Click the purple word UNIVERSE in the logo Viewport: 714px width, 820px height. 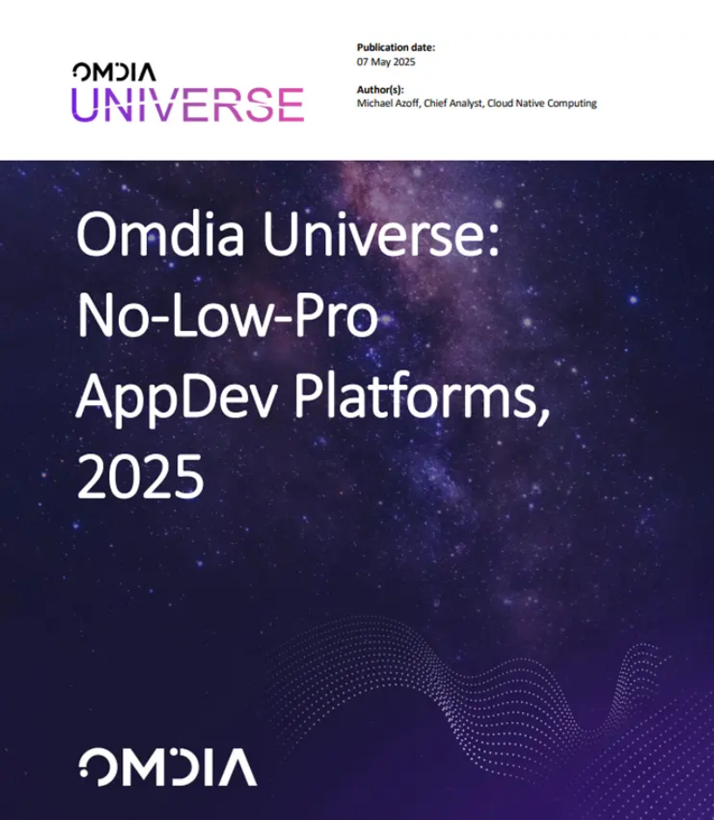pos(188,105)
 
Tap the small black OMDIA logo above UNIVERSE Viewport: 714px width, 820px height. pos(114,72)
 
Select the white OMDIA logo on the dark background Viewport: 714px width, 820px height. pos(168,768)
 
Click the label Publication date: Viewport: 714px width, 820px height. pos(396,47)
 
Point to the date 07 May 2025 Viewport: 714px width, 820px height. pos(385,62)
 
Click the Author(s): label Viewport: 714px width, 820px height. pos(380,89)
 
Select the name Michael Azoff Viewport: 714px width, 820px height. pos(388,103)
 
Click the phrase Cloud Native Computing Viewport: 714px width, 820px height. pos(542,103)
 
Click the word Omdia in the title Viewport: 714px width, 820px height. pos(160,234)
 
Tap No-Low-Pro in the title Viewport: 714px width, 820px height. pos(228,316)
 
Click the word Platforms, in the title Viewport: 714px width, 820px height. pos(422,397)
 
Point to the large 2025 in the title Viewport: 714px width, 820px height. pos(141,477)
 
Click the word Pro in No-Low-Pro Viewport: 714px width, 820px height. pos(336,316)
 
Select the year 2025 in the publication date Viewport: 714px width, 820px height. pos(404,62)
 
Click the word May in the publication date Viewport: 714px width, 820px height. pos(380,62)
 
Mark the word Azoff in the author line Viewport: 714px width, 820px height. pos(406,103)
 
